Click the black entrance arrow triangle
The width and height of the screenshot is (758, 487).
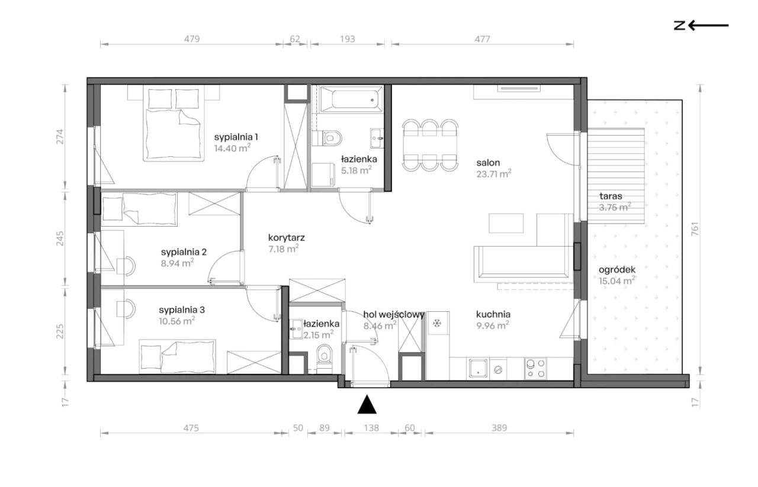(x=367, y=405)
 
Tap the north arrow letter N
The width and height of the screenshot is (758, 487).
(x=679, y=25)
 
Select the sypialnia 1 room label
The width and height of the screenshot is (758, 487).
(x=236, y=137)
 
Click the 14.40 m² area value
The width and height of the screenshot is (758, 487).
(x=232, y=148)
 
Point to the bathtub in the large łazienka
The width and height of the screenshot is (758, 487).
(x=352, y=99)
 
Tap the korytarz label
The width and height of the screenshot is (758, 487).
(x=286, y=237)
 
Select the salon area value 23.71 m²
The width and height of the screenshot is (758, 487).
(x=494, y=173)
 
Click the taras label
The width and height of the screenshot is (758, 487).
(x=611, y=196)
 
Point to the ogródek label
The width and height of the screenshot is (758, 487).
(x=617, y=270)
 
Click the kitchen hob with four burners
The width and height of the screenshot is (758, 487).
(x=536, y=369)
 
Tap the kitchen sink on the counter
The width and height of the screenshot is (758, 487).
(x=478, y=369)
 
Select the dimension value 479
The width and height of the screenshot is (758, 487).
(x=192, y=39)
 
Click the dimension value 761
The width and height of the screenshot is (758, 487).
(x=695, y=229)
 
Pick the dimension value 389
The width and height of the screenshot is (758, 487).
(x=499, y=428)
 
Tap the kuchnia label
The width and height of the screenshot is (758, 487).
(x=493, y=314)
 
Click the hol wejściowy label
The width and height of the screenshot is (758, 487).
(x=394, y=315)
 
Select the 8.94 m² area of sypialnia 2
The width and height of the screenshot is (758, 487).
(x=177, y=263)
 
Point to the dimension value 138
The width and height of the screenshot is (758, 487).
(x=371, y=428)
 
